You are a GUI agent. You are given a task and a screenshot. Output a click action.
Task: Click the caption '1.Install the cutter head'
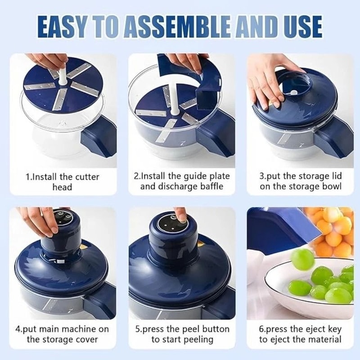click(x=62, y=181)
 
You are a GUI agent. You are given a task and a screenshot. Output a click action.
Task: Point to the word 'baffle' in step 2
click(x=210, y=186)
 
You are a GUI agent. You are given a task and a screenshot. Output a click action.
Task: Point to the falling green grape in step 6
click(x=302, y=259)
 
